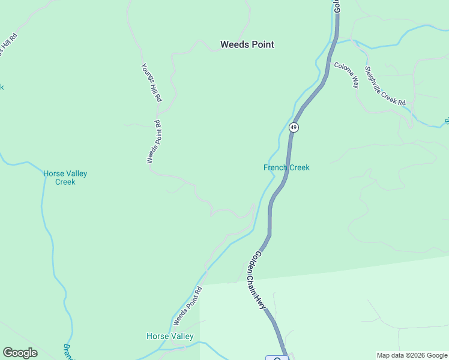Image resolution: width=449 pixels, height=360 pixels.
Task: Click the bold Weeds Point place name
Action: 247,44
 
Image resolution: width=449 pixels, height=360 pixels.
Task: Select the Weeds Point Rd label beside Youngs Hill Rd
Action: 154,142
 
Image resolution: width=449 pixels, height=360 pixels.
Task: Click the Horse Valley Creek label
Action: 65,178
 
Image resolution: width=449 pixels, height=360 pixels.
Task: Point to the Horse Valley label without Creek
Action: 170,337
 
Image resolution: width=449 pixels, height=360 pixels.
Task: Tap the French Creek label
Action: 286,167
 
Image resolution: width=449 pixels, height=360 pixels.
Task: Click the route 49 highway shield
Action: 294,127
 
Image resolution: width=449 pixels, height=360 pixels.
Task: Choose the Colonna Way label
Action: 346,75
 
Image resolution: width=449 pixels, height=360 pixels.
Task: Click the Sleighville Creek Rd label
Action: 385,86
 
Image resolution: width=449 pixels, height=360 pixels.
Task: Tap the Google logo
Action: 20,353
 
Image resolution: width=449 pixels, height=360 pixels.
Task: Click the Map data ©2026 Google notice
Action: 412,355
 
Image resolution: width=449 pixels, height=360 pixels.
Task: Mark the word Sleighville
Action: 375,79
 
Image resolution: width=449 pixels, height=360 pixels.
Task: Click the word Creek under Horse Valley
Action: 65,182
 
